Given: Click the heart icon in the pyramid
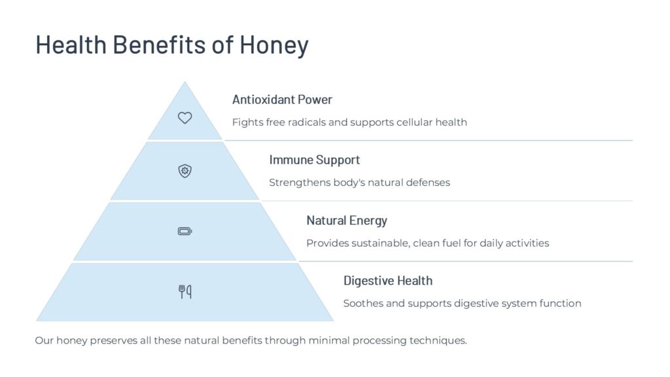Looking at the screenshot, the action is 185,118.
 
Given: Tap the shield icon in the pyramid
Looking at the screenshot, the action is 185,171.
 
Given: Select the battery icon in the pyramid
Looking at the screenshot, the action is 185,231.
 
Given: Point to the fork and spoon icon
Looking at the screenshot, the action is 185,291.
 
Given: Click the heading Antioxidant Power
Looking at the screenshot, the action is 282,99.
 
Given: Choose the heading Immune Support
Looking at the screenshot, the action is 315,160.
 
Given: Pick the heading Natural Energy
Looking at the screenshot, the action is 347,221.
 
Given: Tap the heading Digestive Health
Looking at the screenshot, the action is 388,281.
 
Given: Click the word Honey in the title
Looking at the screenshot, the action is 274,45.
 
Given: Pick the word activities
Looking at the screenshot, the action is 527,243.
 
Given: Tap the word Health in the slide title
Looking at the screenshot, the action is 71,45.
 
